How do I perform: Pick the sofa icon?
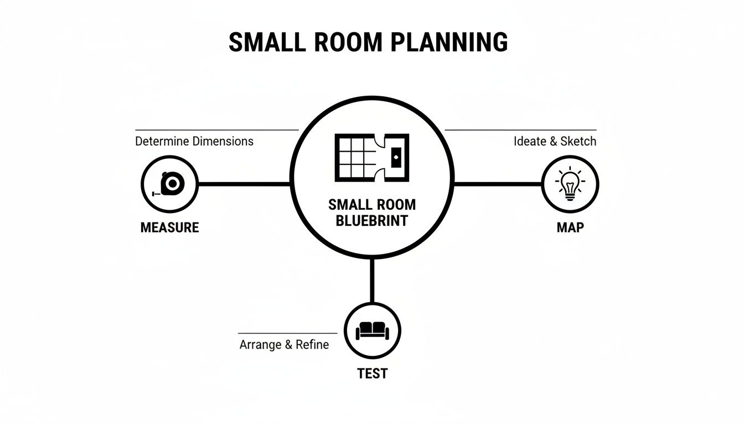tap(373, 330)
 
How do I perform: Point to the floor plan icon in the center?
tap(372, 157)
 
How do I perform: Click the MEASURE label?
tap(169, 227)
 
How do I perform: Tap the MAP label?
tap(570, 227)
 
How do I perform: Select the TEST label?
tap(373, 374)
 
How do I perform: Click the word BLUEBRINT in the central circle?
tap(372, 221)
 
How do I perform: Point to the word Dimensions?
tap(223, 141)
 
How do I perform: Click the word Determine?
tap(162, 141)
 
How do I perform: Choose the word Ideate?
tap(530, 141)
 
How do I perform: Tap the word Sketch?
tap(578, 141)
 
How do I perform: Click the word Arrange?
tap(260, 345)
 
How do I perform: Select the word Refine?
tap(312, 345)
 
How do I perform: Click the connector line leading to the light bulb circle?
tap(497, 184)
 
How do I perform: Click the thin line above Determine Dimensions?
tap(216, 130)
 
